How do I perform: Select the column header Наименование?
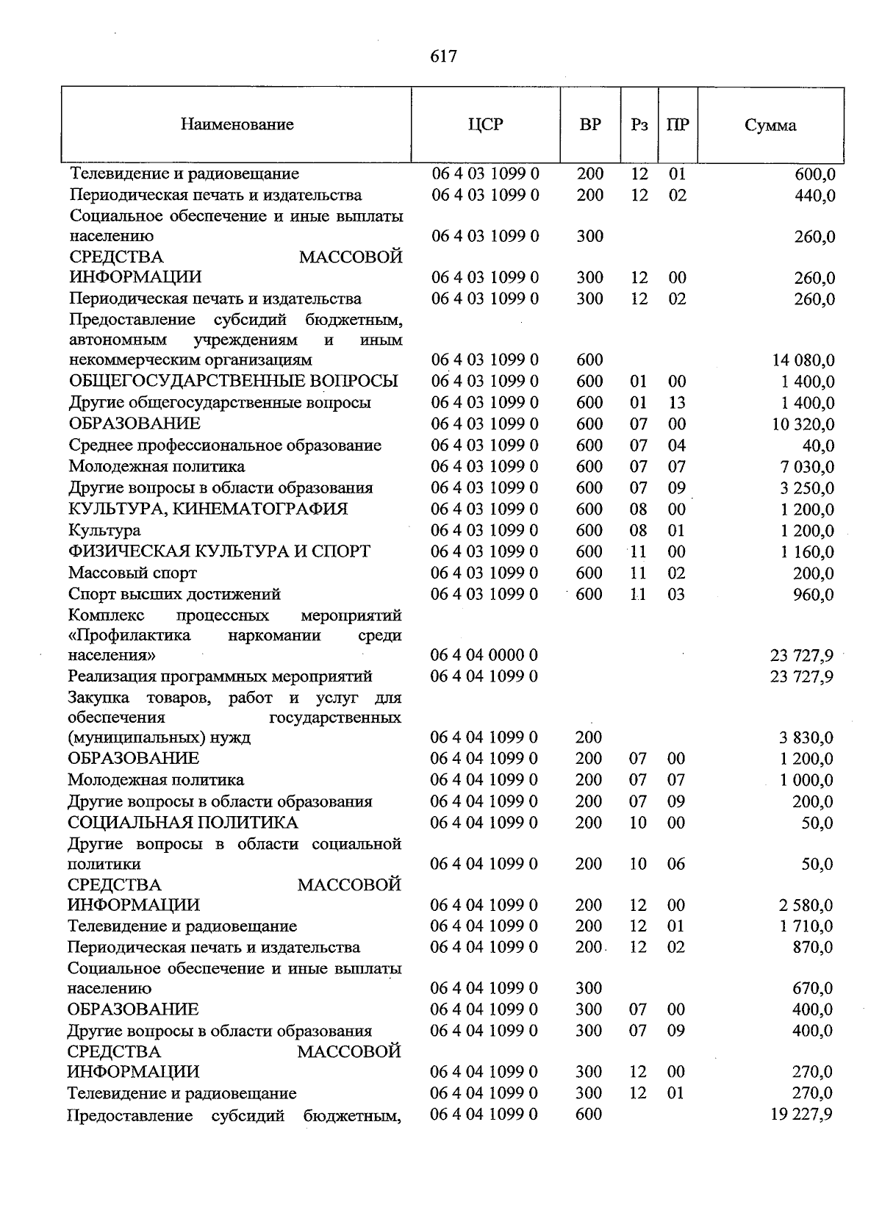(237, 124)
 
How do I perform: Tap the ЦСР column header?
(485, 124)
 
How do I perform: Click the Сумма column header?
(770, 125)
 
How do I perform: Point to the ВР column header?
(589, 124)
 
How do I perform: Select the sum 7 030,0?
(806, 467)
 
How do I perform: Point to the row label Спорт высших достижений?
(174, 594)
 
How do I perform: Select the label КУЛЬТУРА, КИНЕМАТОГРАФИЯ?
(208, 509)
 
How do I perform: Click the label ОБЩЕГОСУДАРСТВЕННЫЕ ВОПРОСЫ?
(233, 381)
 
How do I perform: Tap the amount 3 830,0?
(806, 737)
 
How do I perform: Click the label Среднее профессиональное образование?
(225, 446)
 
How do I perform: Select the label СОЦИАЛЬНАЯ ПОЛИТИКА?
(183, 823)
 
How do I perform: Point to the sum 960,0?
(814, 594)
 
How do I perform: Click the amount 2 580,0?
(806, 905)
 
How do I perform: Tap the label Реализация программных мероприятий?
(220, 676)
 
